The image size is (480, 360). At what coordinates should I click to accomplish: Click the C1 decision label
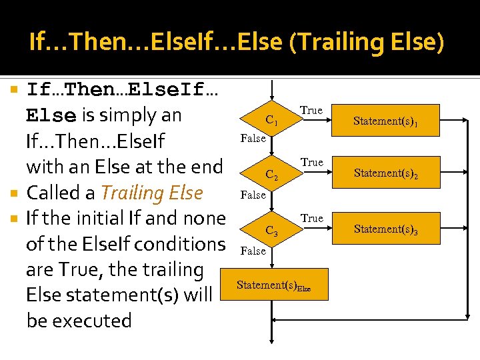tap(271, 121)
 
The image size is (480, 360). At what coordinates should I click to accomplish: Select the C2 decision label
tap(271, 175)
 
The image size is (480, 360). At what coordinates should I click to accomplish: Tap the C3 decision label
tap(271, 231)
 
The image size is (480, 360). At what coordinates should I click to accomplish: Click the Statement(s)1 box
tap(386, 121)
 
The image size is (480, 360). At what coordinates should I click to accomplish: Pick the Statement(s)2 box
tap(386, 173)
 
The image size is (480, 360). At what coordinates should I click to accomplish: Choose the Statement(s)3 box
tap(386, 229)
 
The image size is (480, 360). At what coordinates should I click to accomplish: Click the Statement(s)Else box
tap(273, 285)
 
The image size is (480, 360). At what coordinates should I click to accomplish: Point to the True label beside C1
tap(311, 110)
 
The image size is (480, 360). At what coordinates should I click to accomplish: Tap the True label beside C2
tap(311, 163)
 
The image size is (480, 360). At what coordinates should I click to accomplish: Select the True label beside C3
tap(311, 219)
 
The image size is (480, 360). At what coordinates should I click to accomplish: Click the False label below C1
tap(253, 139)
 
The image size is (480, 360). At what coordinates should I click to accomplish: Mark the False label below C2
tap(253, 195)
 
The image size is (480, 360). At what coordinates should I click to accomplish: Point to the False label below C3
tap(253, 251)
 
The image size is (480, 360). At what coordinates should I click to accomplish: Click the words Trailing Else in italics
tap(151, 193)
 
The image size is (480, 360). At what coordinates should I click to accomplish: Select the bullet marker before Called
tap(17, 193)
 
